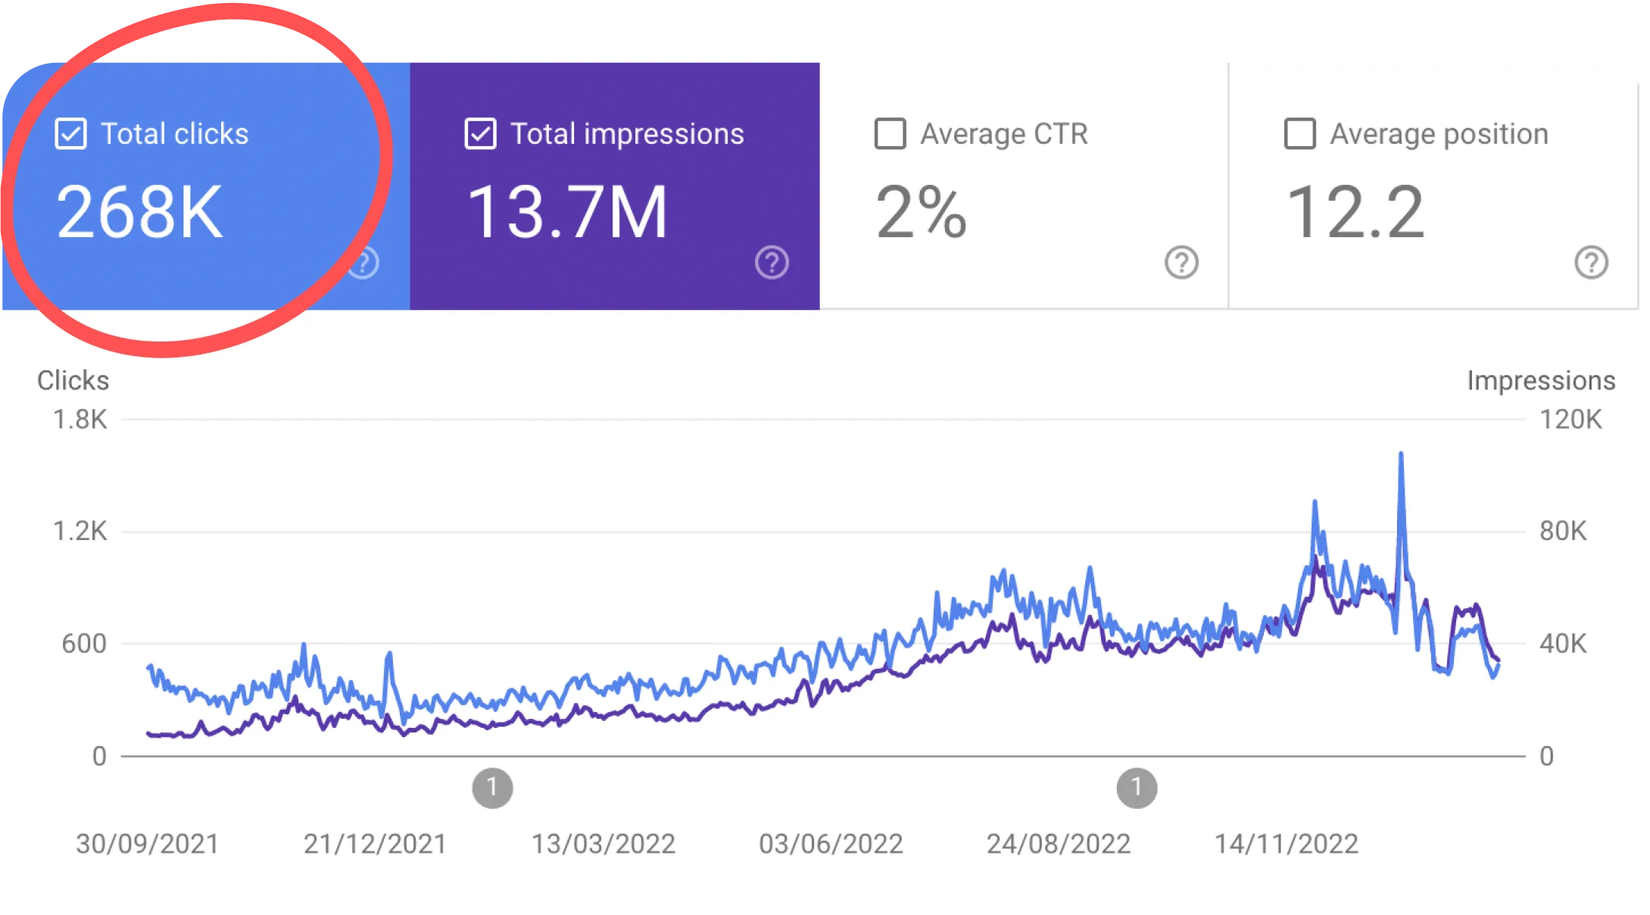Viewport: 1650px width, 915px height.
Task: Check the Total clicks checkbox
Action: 71,134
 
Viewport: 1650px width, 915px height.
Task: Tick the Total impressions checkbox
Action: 480,134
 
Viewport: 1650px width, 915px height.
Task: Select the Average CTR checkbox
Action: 890,134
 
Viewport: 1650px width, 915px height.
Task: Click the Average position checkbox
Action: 1299,134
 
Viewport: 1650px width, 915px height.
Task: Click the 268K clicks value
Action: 140,213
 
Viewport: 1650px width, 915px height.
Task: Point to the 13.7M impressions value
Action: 567,213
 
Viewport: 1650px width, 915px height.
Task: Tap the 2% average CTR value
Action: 921,213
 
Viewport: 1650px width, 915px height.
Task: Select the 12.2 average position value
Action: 1355,213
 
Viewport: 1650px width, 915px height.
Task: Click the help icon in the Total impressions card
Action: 772,263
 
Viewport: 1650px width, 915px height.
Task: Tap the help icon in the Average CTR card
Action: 1181,263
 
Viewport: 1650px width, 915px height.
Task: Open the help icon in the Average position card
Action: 1591,263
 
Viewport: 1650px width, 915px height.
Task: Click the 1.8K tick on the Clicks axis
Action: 80,420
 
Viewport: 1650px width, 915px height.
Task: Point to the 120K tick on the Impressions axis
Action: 1570,420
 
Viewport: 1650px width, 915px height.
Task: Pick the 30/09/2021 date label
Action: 148,844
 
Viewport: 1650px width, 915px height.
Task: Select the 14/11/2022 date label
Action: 1286,844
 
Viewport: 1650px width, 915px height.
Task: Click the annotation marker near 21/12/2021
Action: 492,789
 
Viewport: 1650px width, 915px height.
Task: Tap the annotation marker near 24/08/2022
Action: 1137,789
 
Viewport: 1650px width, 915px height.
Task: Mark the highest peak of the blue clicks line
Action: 1401,454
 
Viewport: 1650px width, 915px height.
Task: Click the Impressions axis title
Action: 1541,380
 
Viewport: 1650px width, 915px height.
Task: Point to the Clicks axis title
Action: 73,380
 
